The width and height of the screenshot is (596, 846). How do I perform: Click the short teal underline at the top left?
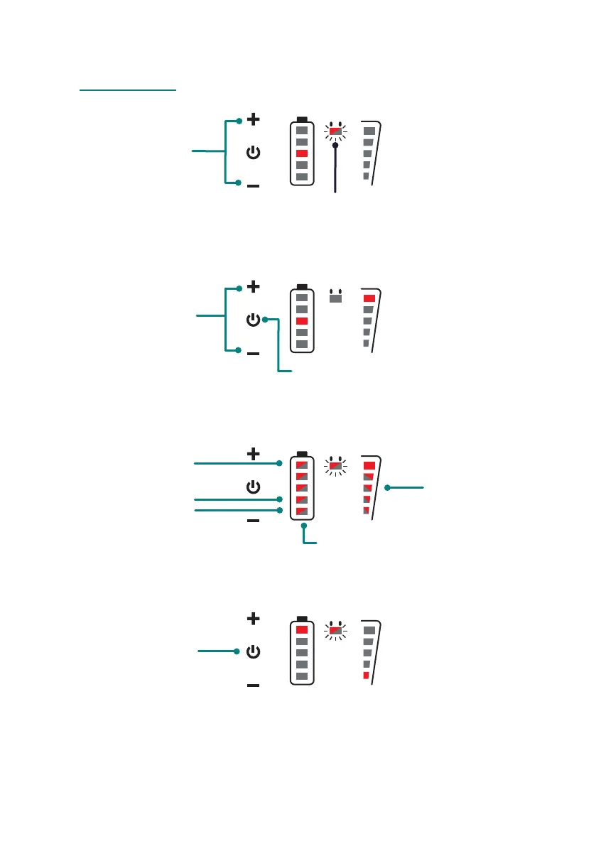tap(128, 91)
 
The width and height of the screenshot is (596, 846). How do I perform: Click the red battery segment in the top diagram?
tap(302, 153)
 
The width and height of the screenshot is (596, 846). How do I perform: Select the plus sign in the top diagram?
tap(253, 120)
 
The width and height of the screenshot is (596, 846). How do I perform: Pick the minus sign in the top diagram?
tap(253, 186)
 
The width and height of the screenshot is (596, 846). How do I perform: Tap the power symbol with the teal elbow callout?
tap(253, 320)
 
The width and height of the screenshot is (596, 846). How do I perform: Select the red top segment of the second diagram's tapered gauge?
tap(369, 298)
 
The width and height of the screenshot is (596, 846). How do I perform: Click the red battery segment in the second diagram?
tap(302, 321)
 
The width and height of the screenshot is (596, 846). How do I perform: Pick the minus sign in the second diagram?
tap(253, 353)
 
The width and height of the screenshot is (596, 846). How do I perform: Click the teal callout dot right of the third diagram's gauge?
tap(387, 488)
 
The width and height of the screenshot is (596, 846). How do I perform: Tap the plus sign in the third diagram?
tap(253, 453)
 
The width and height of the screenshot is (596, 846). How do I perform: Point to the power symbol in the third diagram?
tap(253, 487)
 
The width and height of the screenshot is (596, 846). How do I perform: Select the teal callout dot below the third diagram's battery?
tap(304, 526)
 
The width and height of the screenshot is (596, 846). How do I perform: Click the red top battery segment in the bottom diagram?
tap(302, 629)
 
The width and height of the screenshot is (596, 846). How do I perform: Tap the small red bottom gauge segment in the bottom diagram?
tap(366, 676)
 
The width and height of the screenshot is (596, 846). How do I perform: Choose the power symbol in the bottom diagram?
tap(253, 651)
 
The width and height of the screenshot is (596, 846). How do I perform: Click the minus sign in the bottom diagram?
tap(253, 685)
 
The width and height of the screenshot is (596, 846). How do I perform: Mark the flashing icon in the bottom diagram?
tap(335, 629)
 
